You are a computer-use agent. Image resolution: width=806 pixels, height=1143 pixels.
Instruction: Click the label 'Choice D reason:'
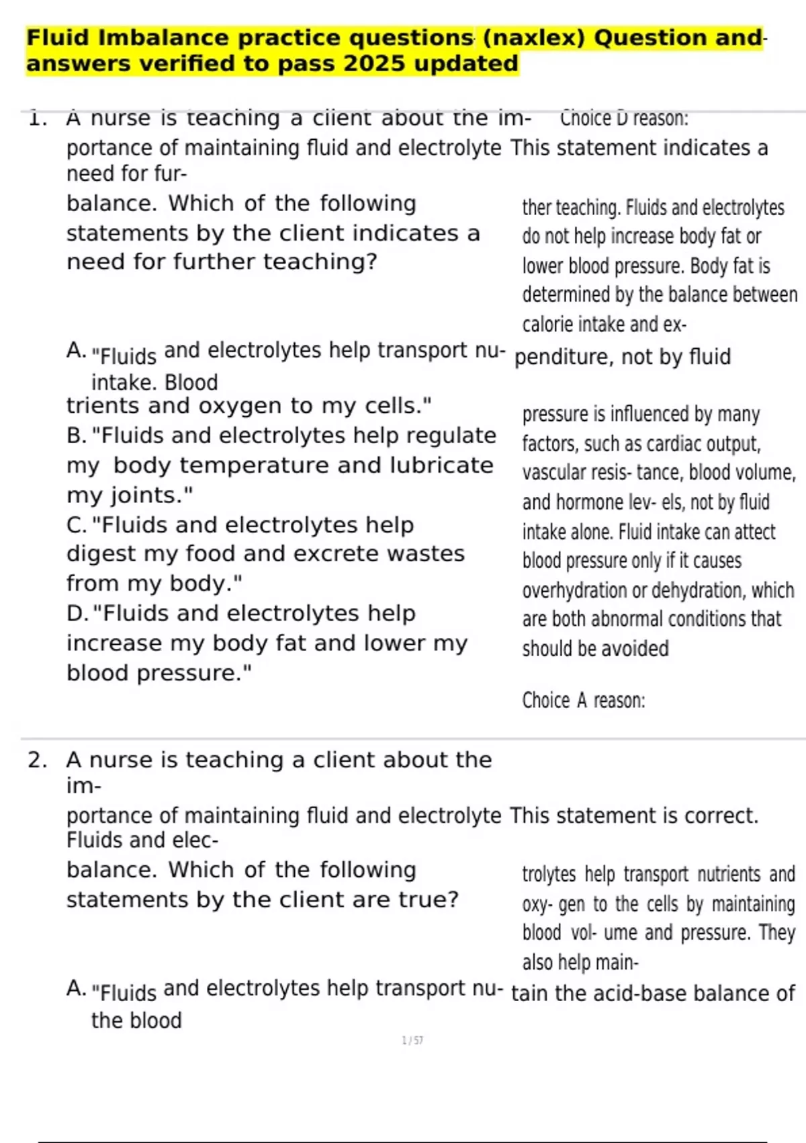[624, 118]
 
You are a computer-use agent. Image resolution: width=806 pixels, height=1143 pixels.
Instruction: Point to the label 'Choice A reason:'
[583, 701]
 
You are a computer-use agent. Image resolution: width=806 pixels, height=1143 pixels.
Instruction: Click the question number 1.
[38, 119]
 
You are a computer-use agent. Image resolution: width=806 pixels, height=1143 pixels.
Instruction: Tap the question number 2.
[38, 760]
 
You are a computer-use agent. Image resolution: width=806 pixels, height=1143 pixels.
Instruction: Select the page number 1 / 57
[412, 1041]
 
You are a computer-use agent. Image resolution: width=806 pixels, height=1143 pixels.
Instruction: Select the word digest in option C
[100, 554]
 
